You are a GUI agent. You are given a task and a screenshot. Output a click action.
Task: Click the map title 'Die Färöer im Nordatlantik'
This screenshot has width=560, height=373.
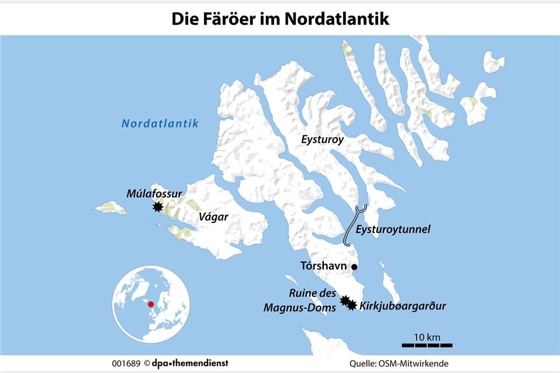(280, 19)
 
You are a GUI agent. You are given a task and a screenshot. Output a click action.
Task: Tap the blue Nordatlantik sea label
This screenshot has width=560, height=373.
(160, 124)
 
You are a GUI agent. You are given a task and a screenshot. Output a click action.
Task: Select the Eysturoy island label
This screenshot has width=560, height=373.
(323, 140)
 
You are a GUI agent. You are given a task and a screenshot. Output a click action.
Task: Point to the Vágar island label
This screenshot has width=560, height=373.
(213, 217)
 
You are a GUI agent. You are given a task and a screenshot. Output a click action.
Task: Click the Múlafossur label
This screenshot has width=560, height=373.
(154, 193)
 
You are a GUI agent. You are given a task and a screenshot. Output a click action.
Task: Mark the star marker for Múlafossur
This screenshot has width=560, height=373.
(157, 207)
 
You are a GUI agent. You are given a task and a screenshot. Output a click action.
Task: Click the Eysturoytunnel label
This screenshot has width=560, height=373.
(394, 229)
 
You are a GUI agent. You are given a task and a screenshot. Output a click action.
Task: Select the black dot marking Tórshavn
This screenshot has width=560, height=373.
(354, 267)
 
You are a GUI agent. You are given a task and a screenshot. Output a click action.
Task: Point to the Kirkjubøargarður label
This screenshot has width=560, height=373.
(398, 305)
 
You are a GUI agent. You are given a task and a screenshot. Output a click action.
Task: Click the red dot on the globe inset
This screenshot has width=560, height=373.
(150, 304)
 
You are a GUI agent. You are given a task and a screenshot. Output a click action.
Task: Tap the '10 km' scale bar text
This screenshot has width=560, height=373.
(426, 337)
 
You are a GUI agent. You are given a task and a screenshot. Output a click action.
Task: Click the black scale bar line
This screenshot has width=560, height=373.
(427, 345)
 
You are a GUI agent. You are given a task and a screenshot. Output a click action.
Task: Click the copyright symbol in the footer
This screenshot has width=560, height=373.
(147, 364)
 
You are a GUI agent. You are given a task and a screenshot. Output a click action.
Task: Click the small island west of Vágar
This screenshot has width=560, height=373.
(111, 207)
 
